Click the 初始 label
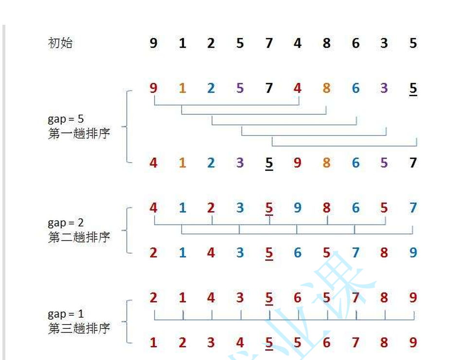(x=60, y=43)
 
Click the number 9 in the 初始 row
(x=153, y=43)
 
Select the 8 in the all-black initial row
(x=326, y=43)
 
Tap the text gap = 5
(x=66, y=120)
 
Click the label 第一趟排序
(x=79, y=134)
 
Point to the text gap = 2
(x=66, y=223)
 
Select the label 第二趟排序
(x=79, y=237)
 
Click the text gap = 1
(x=66, y=314)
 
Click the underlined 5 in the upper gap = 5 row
(x=413, y=88)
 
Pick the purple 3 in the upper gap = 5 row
(x=384, y=88)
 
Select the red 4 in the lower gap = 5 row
(x=153, y=163)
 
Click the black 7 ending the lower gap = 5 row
(x=413, y=163)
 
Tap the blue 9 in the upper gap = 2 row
(x=297, y=208)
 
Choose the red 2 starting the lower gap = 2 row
(x=153, y=253)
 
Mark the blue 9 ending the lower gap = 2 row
(x=413, y=253)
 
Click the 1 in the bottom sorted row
(x=153, y=343)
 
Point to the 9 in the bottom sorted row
(x=413, y=343)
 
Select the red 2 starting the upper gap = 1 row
(x=153, y=298)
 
